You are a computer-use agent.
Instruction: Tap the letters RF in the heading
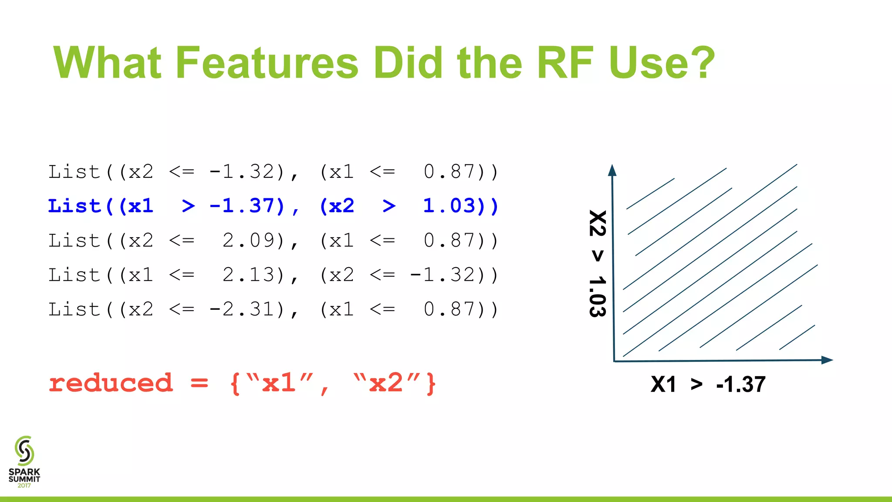click(565, 63)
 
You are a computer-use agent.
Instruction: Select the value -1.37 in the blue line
click(247, 206)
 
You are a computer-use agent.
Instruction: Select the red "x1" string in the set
click(279, 383)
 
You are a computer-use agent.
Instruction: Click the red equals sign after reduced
click(199, 383)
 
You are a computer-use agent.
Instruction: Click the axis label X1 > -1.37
click(708, 384)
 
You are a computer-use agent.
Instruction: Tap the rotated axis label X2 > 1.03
click(598, 264)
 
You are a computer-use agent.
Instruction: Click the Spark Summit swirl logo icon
click(24, 451)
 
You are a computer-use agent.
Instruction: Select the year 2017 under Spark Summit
click(24, 485)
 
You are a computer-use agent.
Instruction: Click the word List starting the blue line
click(74, 206)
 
